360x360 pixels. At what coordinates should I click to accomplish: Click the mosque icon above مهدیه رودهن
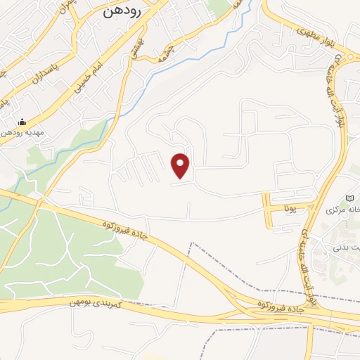(x=21, y=122)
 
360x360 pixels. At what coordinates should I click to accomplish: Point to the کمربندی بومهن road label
(x=97, y=303)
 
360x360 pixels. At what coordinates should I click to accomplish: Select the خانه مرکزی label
(x=343, y=210)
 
